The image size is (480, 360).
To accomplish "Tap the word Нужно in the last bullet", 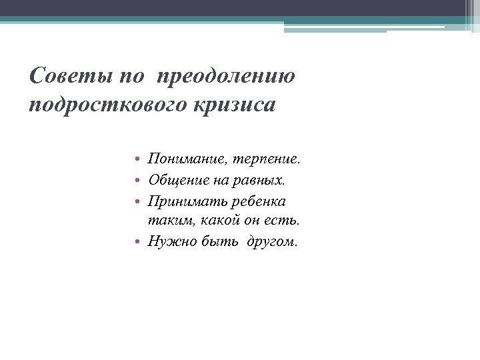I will tap(171, 241).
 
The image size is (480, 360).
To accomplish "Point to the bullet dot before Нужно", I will tap(135, 242).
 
